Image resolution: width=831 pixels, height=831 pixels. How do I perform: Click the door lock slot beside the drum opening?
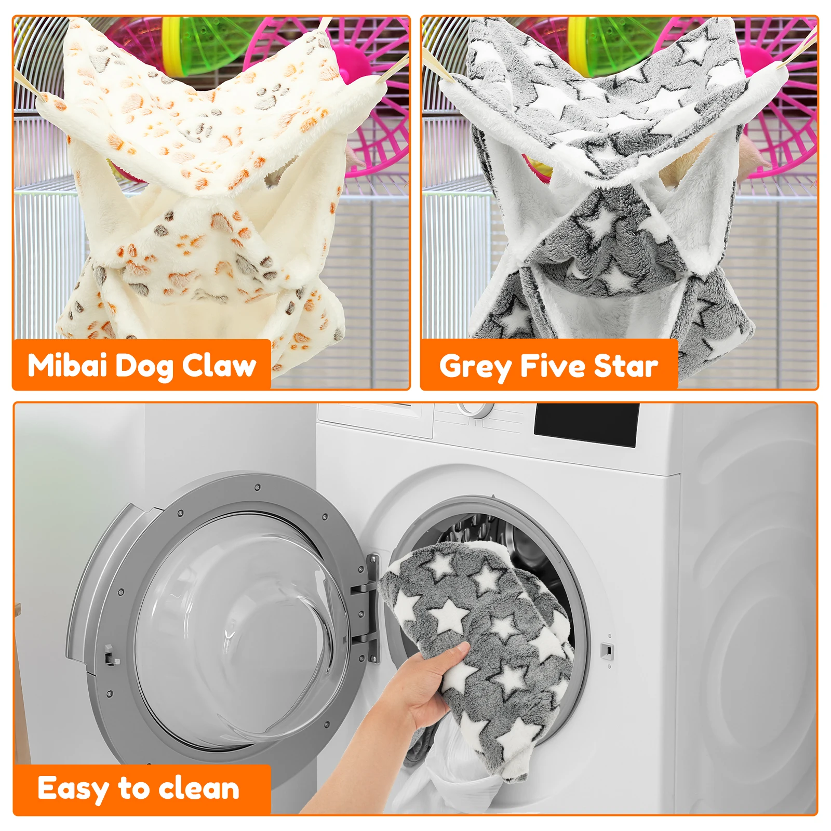pos(606,650)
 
